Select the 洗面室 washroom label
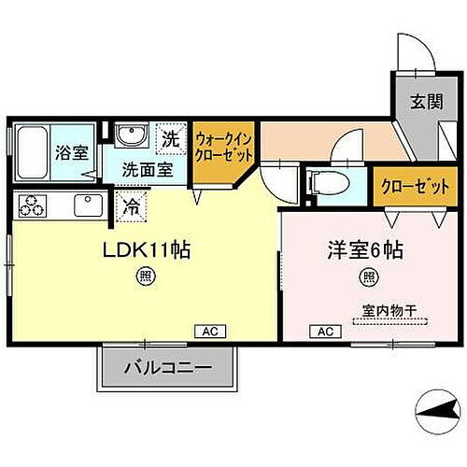click(x=149, y=170)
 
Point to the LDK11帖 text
click(x=153, y=252)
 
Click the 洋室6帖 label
click(x=364, y=251)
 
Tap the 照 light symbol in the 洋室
click(x=369, y=276)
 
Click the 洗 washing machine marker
click(x=170, y=140)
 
